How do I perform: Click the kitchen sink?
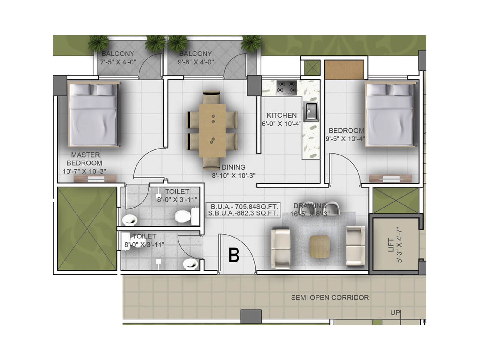click(310, 112)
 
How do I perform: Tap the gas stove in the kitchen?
click(286, 88)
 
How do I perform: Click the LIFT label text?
click(391, 245)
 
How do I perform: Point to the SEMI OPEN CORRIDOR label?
click(330, 298)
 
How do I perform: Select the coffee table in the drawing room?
click(319, 247)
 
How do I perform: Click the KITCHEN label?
click(281, 115)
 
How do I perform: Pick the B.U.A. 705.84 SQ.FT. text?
click(244, 207)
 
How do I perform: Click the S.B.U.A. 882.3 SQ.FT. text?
click(244, 214)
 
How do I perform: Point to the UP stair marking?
click(395, 313)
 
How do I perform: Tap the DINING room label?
click(233, 167)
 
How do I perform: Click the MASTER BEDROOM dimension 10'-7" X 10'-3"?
click(84, 172)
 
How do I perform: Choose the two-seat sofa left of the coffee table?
click(281, 248)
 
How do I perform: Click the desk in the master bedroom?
click(95, 179)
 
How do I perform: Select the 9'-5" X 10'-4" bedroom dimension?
click(345, 139)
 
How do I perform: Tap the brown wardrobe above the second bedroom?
click(344, 70)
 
